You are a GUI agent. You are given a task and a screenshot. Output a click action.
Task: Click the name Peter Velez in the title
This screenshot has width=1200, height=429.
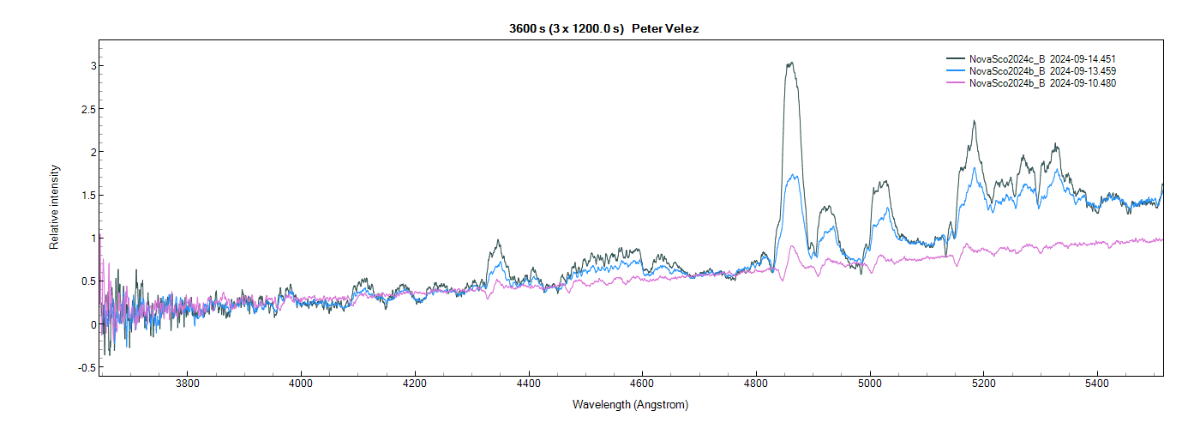[666, 29]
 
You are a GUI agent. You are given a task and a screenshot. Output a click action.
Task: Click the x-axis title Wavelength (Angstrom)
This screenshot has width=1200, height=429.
[630, 404]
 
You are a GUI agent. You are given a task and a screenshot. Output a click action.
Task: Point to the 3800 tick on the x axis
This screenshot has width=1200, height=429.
[187, 384]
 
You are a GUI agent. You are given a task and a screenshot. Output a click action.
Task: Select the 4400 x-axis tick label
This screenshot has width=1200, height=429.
[529, 384]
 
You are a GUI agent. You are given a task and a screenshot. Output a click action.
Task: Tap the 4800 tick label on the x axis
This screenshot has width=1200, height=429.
[756, 384]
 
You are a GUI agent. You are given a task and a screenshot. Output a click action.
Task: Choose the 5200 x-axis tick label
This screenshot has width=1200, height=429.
[983, 384]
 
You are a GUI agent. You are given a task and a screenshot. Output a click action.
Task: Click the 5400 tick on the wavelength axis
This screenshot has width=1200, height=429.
[1097, 384]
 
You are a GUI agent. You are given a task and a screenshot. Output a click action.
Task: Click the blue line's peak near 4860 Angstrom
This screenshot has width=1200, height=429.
[794, 175]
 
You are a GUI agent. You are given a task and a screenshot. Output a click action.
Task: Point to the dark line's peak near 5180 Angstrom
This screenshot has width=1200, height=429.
[975, 121]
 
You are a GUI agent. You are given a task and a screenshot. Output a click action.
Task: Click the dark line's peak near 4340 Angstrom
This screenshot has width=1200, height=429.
[497, 240]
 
